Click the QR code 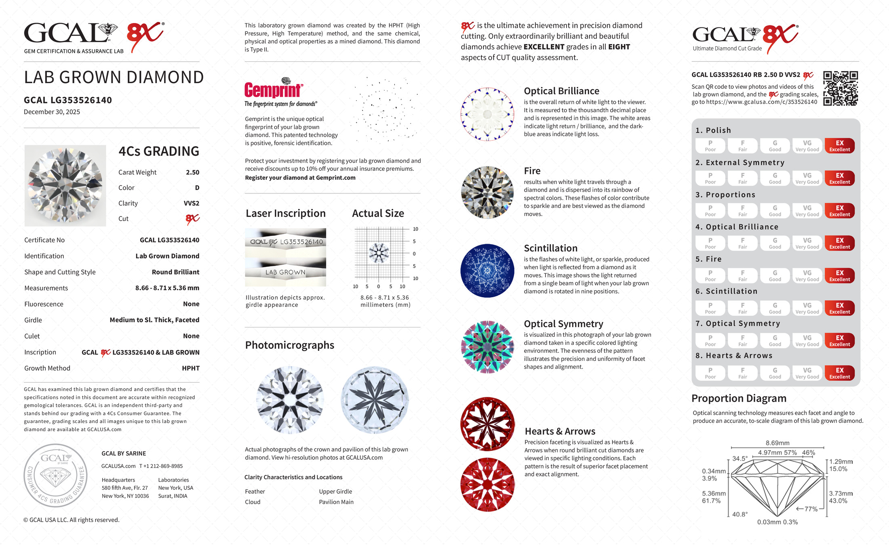841,88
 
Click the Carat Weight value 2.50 192,172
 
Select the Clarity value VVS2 191,203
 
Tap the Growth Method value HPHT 191,368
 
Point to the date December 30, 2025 52,112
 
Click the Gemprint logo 274,90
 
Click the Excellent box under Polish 839,146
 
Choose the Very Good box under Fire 807,276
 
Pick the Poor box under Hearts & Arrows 710,373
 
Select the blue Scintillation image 487,270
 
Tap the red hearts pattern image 487,424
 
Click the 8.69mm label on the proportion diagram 777,443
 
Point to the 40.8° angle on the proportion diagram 739,514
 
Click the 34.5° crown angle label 740,459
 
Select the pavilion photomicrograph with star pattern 375,400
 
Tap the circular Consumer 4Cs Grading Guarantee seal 55,476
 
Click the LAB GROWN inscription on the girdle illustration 285,272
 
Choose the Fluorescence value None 191,304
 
